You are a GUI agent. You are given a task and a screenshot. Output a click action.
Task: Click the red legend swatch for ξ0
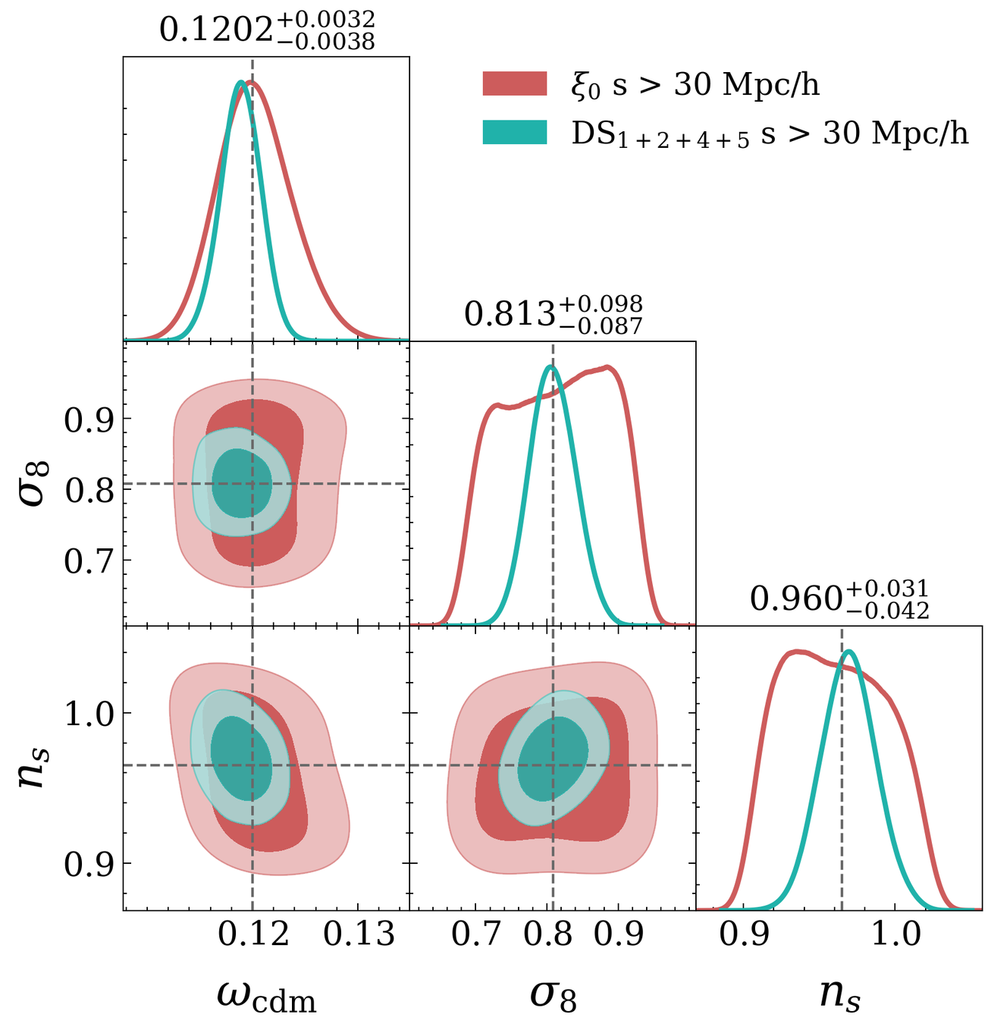pos(515,83)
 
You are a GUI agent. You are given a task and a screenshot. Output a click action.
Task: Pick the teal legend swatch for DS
pos(515,133)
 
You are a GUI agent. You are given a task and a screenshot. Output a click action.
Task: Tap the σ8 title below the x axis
pos(553,996)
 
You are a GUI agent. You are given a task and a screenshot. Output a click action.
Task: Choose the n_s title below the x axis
pos(839,996)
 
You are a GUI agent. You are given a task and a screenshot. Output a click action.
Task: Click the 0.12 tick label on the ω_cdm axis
pos(252,934)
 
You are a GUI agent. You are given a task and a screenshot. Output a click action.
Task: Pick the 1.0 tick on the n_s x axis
pos(895,934)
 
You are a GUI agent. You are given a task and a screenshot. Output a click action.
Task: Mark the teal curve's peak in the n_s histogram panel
pos(848,651)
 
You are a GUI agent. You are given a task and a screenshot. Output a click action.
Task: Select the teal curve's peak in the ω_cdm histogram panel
pos(240,82)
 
